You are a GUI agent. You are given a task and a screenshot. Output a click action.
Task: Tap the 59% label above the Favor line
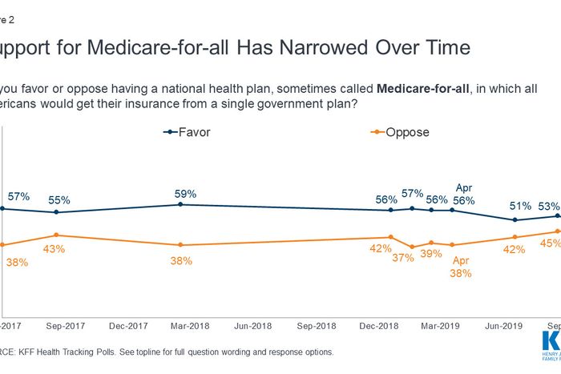186,193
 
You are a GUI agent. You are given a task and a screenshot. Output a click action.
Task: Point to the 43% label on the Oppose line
54,249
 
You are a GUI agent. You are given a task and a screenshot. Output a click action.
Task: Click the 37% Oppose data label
403,258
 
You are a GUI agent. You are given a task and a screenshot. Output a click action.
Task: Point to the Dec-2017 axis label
127,326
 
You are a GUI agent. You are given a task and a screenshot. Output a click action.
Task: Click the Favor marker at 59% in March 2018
180,204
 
